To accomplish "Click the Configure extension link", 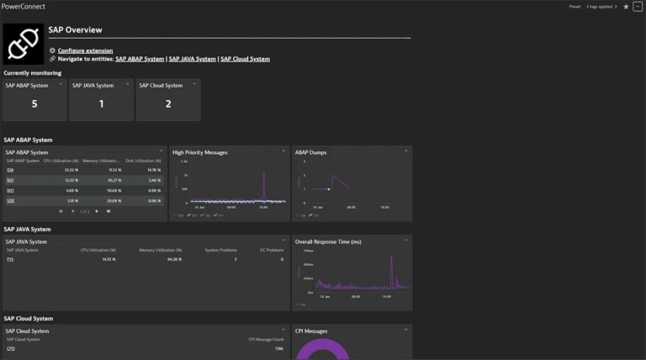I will click(85, 50).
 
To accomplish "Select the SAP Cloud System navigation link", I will click(245, 59).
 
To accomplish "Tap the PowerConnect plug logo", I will click(24, 44).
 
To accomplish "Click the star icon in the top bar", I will click(625, 6).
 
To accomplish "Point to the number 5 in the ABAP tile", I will click(34, 103).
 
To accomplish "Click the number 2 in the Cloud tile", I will click(168, 103).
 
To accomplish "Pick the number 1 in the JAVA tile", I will click(102, 103).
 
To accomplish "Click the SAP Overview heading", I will click(76, 29).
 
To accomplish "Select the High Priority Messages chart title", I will click(200, 152).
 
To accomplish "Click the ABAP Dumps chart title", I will click(310, 152).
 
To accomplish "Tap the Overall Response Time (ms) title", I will click(328, 241).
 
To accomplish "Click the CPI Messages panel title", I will click(311, 331).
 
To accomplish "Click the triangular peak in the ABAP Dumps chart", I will click(334, 176).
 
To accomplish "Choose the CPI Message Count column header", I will click(266, 339).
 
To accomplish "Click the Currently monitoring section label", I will click(32, 73).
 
